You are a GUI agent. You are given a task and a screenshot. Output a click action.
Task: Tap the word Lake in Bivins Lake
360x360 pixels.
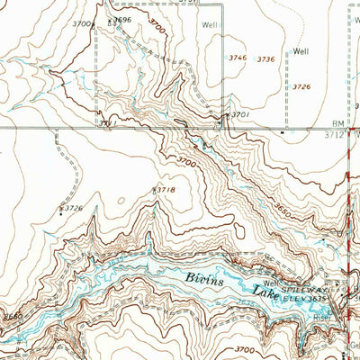pos(265,290)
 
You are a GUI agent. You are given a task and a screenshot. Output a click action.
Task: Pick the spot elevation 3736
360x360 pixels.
pos(265,59)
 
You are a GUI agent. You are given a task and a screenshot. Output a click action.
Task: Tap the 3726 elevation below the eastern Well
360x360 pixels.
pos(301,86)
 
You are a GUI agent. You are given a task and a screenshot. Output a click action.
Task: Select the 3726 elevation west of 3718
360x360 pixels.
pos(72,209)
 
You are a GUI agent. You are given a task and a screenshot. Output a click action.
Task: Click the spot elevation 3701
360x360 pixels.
pos(239,115)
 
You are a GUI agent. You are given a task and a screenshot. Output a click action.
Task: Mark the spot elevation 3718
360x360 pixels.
pos(165,190)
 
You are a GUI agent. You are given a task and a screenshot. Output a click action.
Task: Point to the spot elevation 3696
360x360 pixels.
pos(121,20)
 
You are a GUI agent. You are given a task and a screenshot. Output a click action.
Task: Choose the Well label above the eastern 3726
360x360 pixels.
pos(301,51)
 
